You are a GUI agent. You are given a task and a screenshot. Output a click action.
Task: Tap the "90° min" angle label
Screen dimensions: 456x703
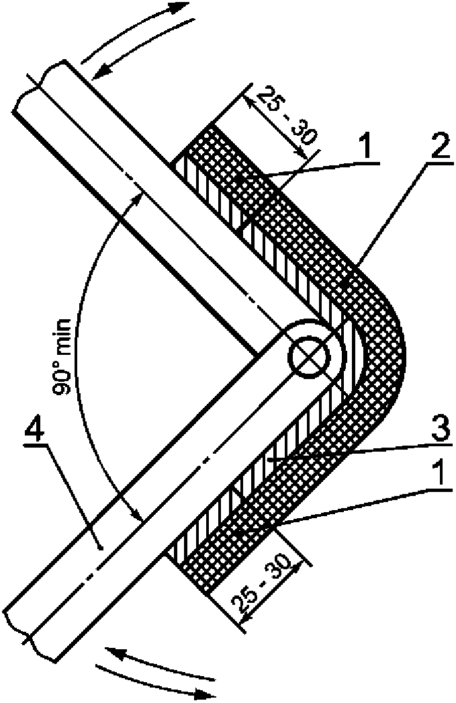(x=73, y=377)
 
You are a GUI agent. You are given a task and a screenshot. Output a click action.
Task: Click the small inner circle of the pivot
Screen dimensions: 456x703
(x=310, y=354)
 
